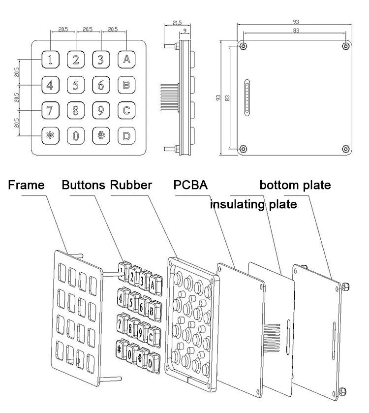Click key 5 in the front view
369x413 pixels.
76,85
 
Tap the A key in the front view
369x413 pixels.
126,60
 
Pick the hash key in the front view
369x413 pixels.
101,135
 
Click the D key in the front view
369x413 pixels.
126,135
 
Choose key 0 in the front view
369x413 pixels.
76,135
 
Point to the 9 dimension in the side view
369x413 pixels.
184,31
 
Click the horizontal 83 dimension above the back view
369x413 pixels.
295,31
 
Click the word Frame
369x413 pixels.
26,186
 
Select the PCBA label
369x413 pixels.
190,186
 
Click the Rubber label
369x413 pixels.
131,186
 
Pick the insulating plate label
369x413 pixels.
253,204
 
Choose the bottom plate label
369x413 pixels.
295,186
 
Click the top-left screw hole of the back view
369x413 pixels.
244,46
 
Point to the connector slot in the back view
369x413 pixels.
247,97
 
